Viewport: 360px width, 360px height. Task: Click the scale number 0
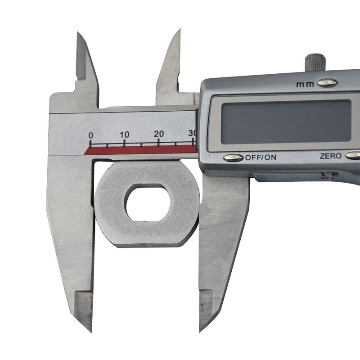[90, 135]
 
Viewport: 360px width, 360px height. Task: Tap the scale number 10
[124, 134]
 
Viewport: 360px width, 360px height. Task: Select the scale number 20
[159, 134]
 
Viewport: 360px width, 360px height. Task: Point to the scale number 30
[192, 133]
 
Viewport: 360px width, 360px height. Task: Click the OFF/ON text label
[261, 157]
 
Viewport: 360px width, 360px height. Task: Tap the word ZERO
[330, 156]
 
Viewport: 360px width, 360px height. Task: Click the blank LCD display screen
[286, 122]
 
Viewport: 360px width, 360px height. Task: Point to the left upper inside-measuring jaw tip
[79, 35]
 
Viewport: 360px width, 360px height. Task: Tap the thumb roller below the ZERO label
[331, 175]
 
